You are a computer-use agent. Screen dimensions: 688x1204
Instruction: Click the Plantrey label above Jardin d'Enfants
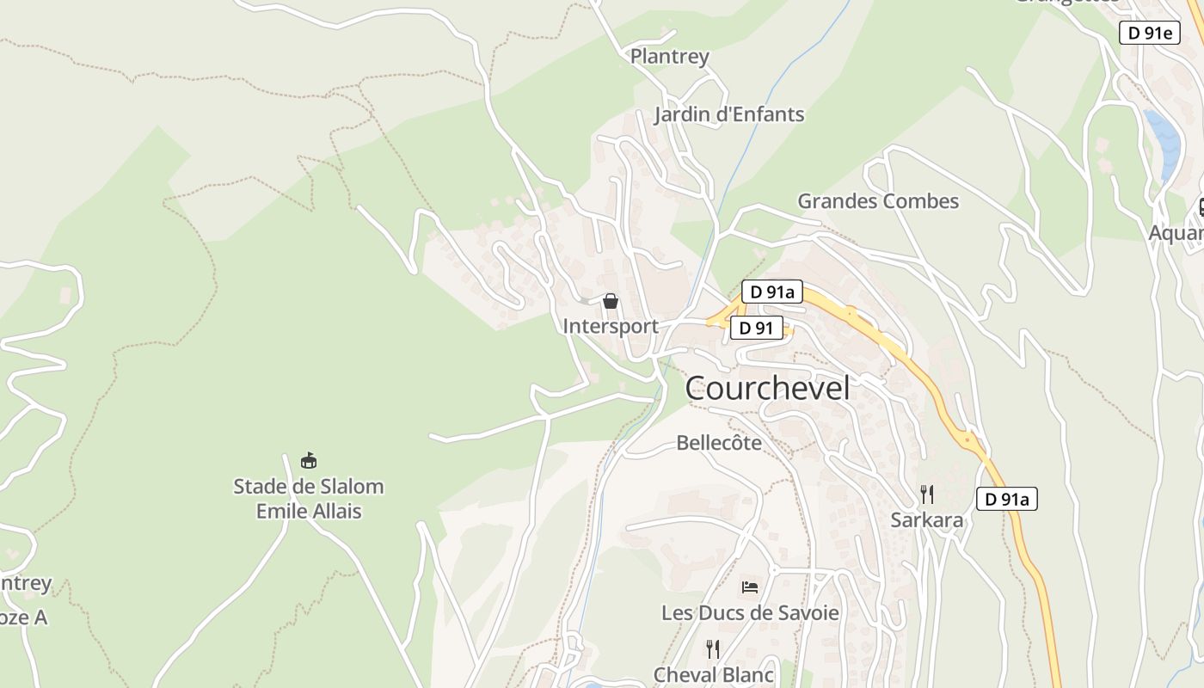click(670, 57)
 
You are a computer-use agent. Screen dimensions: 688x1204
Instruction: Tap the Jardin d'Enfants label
click(729, 114)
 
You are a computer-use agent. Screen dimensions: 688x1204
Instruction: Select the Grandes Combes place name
click(878, 201)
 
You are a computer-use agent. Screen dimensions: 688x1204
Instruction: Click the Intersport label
click(611, 326)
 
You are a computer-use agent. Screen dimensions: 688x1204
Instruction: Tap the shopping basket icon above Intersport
click(611, 301)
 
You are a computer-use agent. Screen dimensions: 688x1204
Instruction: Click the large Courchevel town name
click(767, 388)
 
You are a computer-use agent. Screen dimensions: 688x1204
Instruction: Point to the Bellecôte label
click(719, 443)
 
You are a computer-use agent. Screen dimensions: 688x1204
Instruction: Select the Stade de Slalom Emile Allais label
click(309, 499)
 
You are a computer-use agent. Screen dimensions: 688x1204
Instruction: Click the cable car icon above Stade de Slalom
click(309, 461)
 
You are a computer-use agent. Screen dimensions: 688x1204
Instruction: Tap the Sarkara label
click(927, 520)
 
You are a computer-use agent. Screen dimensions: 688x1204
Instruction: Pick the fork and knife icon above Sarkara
click(927, 494)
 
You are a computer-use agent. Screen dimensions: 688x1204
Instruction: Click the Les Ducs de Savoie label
click(750, 613)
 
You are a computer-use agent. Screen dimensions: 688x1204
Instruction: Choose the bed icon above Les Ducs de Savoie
click(750, 588)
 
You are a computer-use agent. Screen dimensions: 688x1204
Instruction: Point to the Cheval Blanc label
click(714, 675)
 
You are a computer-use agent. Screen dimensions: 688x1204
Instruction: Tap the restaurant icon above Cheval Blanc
click(713, 648)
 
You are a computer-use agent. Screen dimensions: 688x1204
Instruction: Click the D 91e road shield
click(1149, 33)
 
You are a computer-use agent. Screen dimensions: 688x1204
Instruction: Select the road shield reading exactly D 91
click(757, 328)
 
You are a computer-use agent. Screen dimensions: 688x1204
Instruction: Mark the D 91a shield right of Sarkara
click(1007, 499)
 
